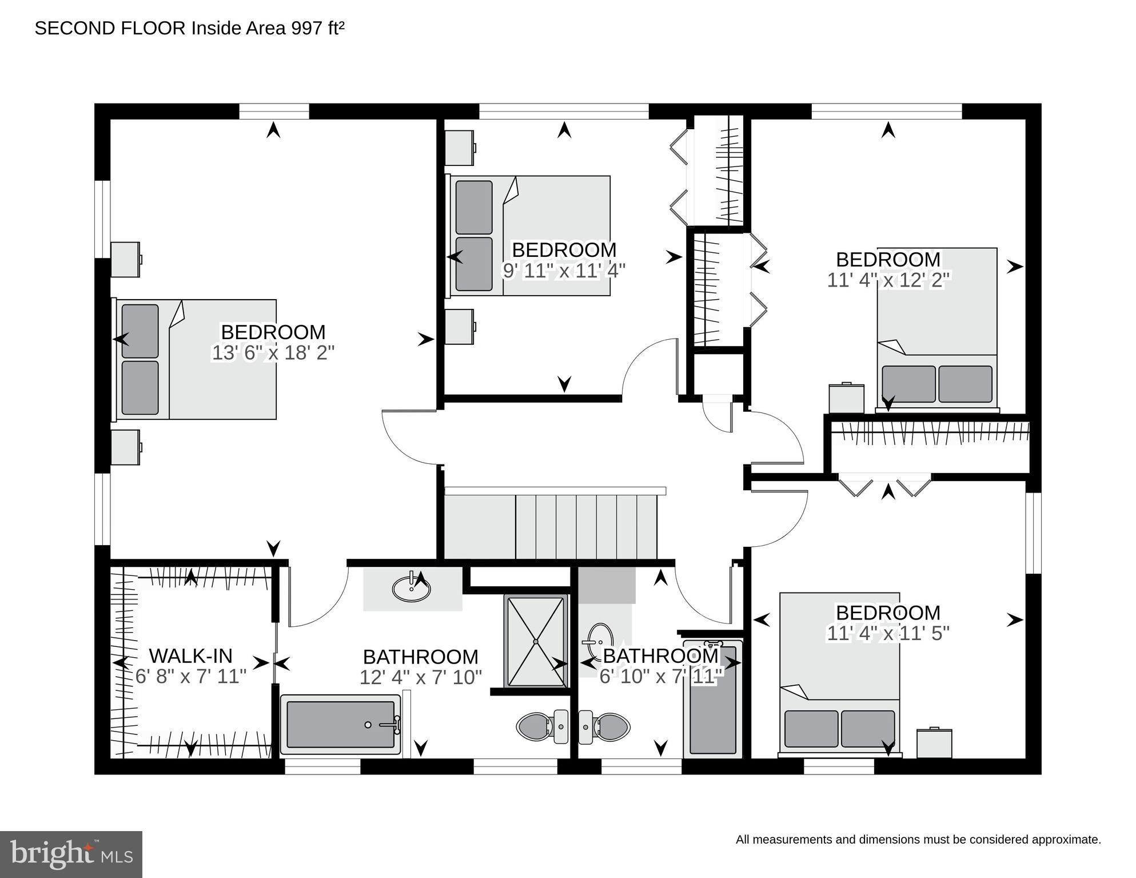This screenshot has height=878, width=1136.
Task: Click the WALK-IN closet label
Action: click(190, 655)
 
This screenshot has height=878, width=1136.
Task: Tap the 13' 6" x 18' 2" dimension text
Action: click(273, 353)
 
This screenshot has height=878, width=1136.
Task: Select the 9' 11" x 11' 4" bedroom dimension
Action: click(564, 271)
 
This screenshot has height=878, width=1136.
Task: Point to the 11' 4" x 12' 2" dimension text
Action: click(888, 280)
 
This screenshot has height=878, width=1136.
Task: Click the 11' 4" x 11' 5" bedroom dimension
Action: click(888, 633)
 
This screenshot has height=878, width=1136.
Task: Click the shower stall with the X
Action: click(536, 641)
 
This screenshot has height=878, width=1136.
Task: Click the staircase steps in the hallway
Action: click(586, 526)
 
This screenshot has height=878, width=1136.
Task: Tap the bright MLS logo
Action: click(71, 855)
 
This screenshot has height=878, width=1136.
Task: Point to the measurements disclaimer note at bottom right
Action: click(918, 840)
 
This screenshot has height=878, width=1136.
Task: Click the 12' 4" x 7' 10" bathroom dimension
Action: click(421, 677)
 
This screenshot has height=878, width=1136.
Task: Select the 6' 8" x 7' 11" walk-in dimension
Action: click(190, 677)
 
